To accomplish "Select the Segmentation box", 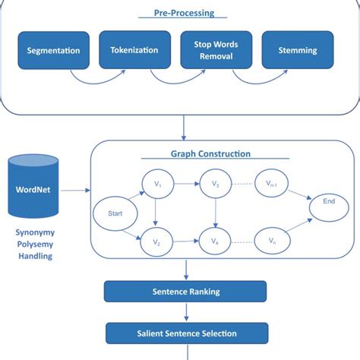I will click(53, 51).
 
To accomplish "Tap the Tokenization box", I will click(134, 50).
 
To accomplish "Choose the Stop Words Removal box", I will click(216, 50).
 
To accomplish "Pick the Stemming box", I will click(297, 51).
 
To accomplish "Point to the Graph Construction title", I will click(210, 154).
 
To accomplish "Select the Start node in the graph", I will click(115, 213).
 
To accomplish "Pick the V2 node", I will click(156, 242).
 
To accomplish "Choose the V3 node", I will click(215, 184).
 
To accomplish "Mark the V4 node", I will click(215, 242).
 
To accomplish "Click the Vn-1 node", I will click(272, 184).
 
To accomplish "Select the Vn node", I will click(272, 242).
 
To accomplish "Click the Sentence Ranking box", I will click(185, 290).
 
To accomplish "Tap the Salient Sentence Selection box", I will click(186, 333).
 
